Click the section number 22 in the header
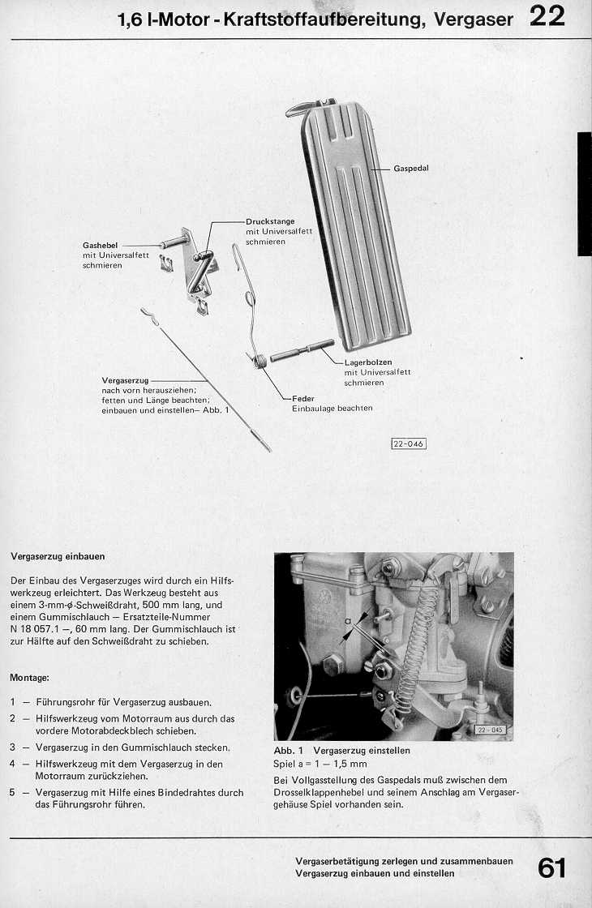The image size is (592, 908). tap(547, 16)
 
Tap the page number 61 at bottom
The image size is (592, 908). tap(551, 868)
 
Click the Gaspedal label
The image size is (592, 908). tap(411, 169)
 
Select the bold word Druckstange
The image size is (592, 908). tap(270, 221)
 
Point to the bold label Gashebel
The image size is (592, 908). tap(101, 245)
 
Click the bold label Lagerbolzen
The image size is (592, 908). tap(368, 362)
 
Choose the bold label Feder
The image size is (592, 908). tap(303, 399)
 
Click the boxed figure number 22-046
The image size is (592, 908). tap(409, 443)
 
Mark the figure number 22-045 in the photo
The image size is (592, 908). tap(490, 730)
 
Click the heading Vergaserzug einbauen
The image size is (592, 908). tap(58, 557)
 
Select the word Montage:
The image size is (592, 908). tap(29, 677)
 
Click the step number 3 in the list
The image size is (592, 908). tap(13, 747)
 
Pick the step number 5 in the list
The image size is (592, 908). tap(13, 793)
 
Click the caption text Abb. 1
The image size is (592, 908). tap(288, 751)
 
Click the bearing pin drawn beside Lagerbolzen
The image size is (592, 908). tap(302, 351)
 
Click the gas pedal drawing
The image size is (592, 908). tap(357, 227)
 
